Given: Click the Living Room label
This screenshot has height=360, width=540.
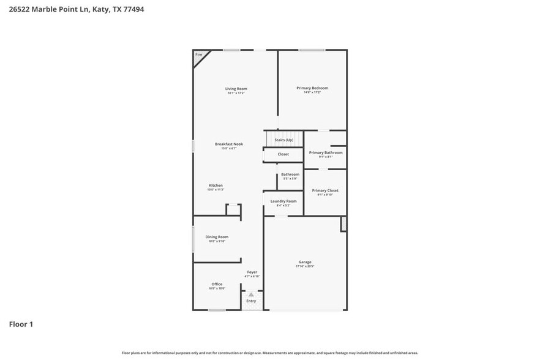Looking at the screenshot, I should pos(236,89).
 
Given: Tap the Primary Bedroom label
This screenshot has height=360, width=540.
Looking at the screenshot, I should pos(312,88).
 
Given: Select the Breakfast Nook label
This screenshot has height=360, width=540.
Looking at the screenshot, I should pos(228,144).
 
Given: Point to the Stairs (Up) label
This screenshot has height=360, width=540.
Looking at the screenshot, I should pos(283,140).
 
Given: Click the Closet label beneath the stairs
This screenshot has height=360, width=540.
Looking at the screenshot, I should pos(283,154).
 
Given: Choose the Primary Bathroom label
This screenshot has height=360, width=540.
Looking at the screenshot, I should pos(325,152).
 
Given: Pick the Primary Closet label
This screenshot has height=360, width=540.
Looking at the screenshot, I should pos(324,190).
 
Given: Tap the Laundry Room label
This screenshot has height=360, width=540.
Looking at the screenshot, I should pos(283,201).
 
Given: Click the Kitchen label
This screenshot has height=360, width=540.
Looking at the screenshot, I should pos(216,186).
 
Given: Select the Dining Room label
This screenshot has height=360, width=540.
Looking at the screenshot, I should pos(217,237).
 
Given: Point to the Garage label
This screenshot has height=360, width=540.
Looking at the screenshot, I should pos(305,262).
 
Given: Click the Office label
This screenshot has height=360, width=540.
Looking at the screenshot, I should pos(217,284).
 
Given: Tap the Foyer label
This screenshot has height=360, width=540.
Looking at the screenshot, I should pos(252,272).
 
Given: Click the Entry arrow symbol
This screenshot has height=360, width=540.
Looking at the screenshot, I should pos(251,294).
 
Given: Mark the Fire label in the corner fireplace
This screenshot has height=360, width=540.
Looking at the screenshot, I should pos(198,55).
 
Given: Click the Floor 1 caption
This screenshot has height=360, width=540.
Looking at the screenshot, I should pos(21,324).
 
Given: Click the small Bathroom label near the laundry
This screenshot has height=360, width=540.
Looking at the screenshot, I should pos(290,174).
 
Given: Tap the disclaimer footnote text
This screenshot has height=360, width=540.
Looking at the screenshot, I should pos(269,353).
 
